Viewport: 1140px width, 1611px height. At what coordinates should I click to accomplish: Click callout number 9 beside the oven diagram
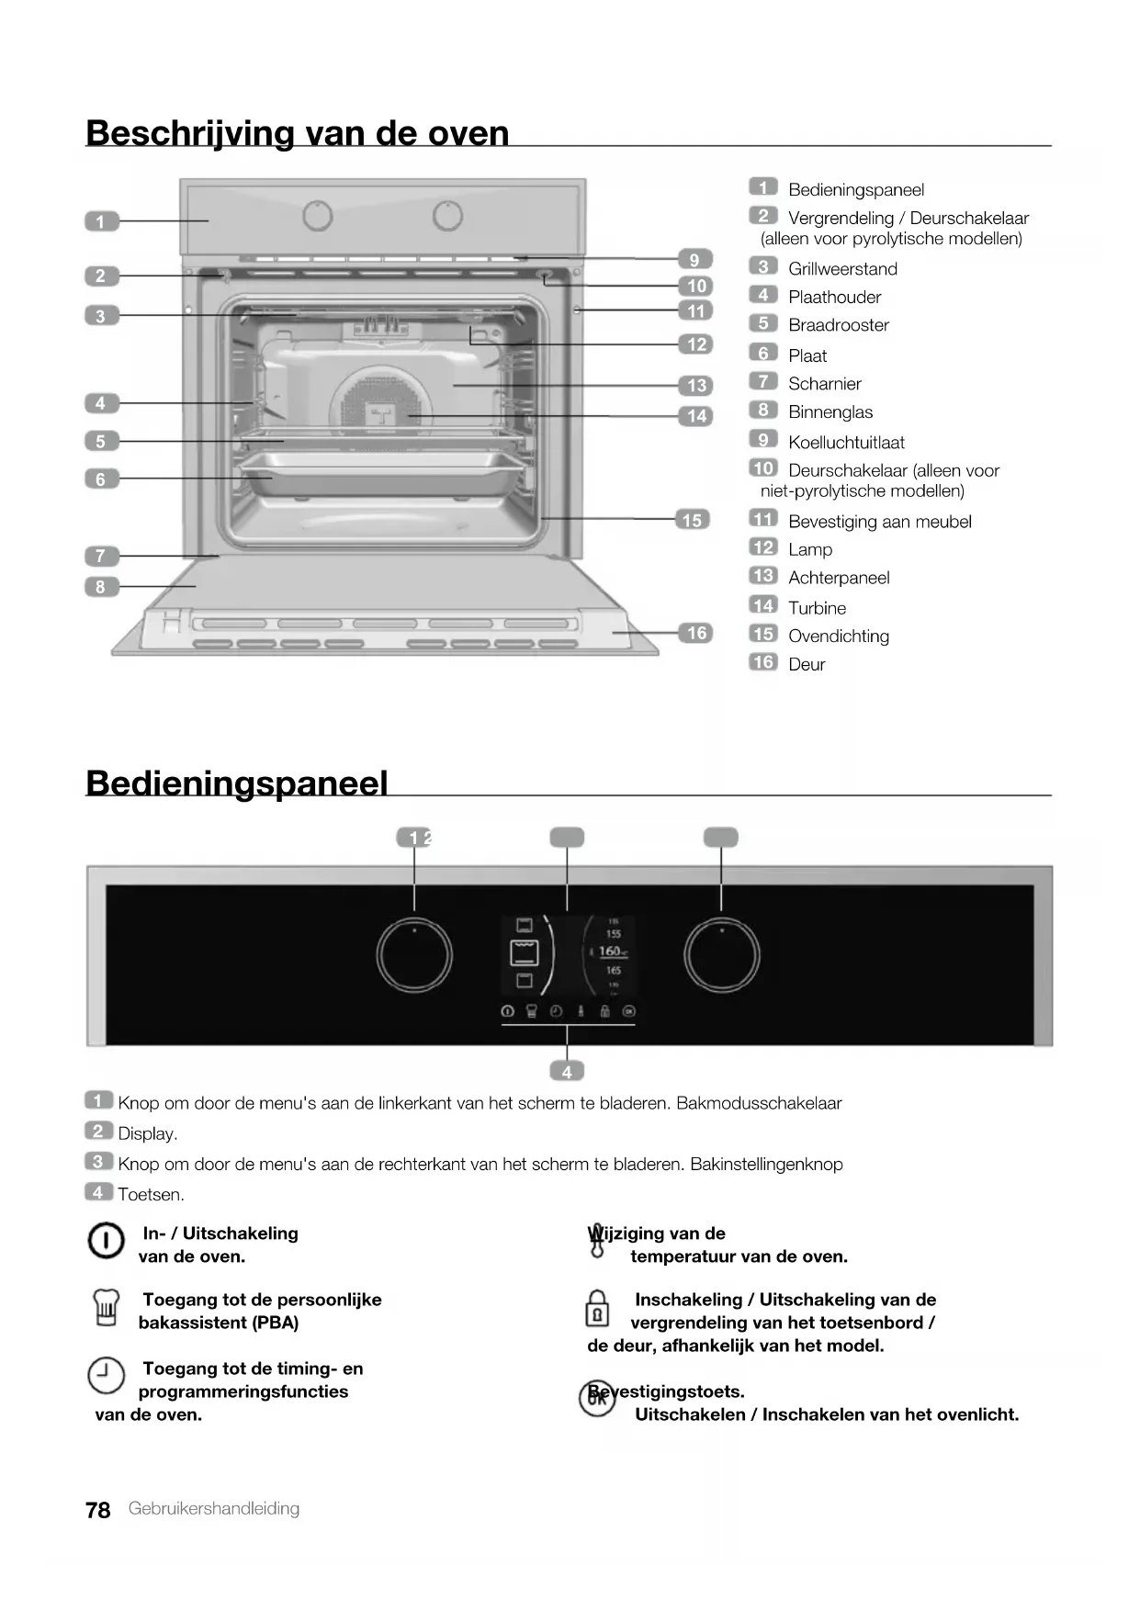[x=694, y=260]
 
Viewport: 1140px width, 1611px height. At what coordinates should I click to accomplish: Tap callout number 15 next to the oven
[x=692, y=520]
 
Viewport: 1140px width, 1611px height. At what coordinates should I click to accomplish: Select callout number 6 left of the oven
[x=101, y=479]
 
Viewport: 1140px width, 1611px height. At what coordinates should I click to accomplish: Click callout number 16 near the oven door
[x=696, y=633]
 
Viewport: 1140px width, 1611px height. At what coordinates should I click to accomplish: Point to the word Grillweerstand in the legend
[x=842, y=269]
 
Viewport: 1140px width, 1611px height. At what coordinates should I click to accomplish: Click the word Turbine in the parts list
[x=817, y=608]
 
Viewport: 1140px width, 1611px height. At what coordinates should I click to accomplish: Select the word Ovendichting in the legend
[x=838, y=637]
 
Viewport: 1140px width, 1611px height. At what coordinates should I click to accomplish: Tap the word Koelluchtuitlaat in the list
[x=846, y=443]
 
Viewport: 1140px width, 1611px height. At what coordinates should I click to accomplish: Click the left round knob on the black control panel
[x=414, y=955]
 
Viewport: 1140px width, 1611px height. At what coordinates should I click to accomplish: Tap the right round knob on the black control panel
[x=722, y=955]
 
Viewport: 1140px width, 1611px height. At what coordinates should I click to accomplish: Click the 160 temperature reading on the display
[x=611, y=952]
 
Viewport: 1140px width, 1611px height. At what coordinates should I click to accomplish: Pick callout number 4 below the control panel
[x=567, y=1072]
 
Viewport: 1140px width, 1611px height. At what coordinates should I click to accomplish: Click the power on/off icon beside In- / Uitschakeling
[x=106, y=1241]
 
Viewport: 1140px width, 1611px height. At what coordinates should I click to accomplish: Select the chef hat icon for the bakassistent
[x=106, y=1308]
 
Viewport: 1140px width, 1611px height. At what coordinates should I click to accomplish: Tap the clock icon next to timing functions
[x=106, y=1375]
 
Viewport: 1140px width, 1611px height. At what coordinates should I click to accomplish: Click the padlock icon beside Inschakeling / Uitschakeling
[x=597, y=1309]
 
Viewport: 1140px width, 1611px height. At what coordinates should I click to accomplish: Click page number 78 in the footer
[x=97, y=1510]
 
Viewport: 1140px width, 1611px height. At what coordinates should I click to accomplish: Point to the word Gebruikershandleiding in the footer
[x=214, y=1509]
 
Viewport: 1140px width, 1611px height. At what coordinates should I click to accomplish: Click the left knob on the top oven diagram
[x=317, y=216]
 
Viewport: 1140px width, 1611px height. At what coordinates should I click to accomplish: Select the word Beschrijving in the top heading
[x=189, y=134]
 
